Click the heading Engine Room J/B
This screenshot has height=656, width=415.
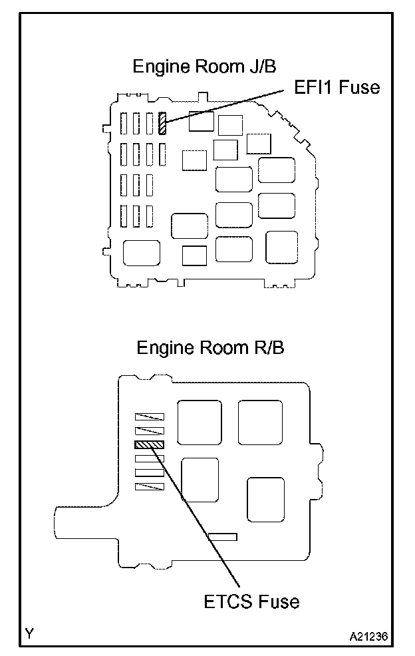(x=204, y=67)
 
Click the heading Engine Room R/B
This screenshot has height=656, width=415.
(x=210, y=347)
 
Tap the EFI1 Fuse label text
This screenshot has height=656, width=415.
(x=337, y=86)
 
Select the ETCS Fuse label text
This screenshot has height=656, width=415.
(x=251, y=601)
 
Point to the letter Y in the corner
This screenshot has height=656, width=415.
(x=30, y=633)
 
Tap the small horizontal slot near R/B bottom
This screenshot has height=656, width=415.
(x=223, y=536)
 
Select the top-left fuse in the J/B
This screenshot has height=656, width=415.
(x=124, y=123)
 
